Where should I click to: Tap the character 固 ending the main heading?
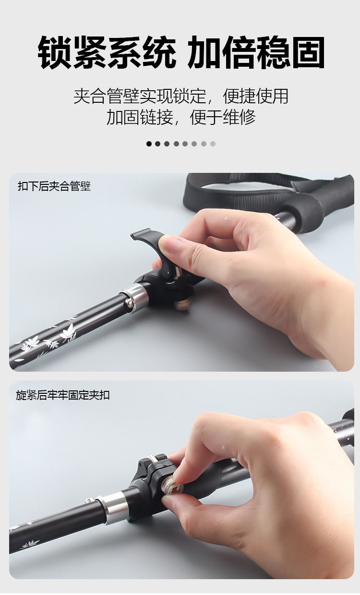pyautogui.click(x=308, y=52)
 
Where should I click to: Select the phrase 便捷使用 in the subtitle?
pyautogui.click(x=255, y=96)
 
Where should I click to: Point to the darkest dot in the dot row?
pyautogui.click(x=149, y=144)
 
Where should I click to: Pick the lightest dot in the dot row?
pyautogui.click(x=213, y=144)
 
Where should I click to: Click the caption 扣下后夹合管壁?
pyautogui.click(x=54, y=186)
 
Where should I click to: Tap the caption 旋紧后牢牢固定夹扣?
pyautogui.click(x=63, y=395)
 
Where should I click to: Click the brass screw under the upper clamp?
pyautogui.click(x=183, y=304)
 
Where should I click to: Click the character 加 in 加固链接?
pyautogui.click(x=115, y=117)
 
